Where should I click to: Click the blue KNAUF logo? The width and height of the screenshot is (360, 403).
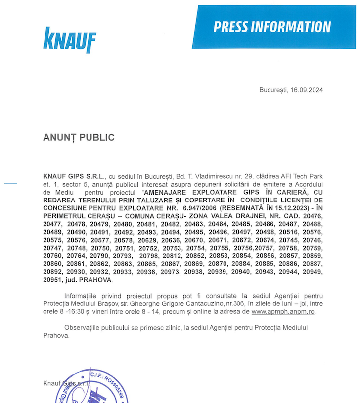[69, 40]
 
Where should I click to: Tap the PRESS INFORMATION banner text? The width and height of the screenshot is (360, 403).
[272, 27]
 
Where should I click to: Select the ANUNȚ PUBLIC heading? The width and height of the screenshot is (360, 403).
[79, 137]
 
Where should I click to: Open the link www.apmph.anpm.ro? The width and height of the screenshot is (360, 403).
[283, 311]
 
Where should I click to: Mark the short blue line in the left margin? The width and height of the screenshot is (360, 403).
[10, 184]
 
